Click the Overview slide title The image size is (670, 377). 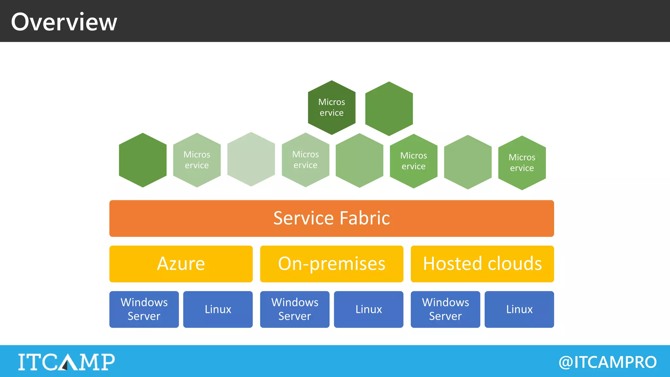click(x=64, y=22)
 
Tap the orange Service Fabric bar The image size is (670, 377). click(x=331, y=218)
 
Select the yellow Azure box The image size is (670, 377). click(x=181, y=264)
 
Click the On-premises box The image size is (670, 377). click(x=331, y=264)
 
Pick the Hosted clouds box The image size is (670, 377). click(x=482, y=264)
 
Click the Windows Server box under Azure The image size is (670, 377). click(x=144, y=309)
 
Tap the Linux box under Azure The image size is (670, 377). click(x=218, y=309)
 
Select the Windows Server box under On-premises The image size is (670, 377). click(x=294, y=309)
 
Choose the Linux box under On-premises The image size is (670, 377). click(x=368, y=309)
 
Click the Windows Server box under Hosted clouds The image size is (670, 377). click(x=445, y=309)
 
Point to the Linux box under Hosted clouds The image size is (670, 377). click(x=519, y=309)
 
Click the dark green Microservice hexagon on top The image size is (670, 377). click(x=331, y=107)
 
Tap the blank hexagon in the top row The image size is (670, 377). click(x=389, y=109)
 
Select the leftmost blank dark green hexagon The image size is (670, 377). click(x=143, y=160)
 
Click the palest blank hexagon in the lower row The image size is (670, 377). click(x=251, y=159)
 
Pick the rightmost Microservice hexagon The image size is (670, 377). click(x=522, y=163)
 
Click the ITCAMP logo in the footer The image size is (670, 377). click(x=66, y=362)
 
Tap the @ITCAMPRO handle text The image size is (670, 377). click(x=608, y=362)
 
